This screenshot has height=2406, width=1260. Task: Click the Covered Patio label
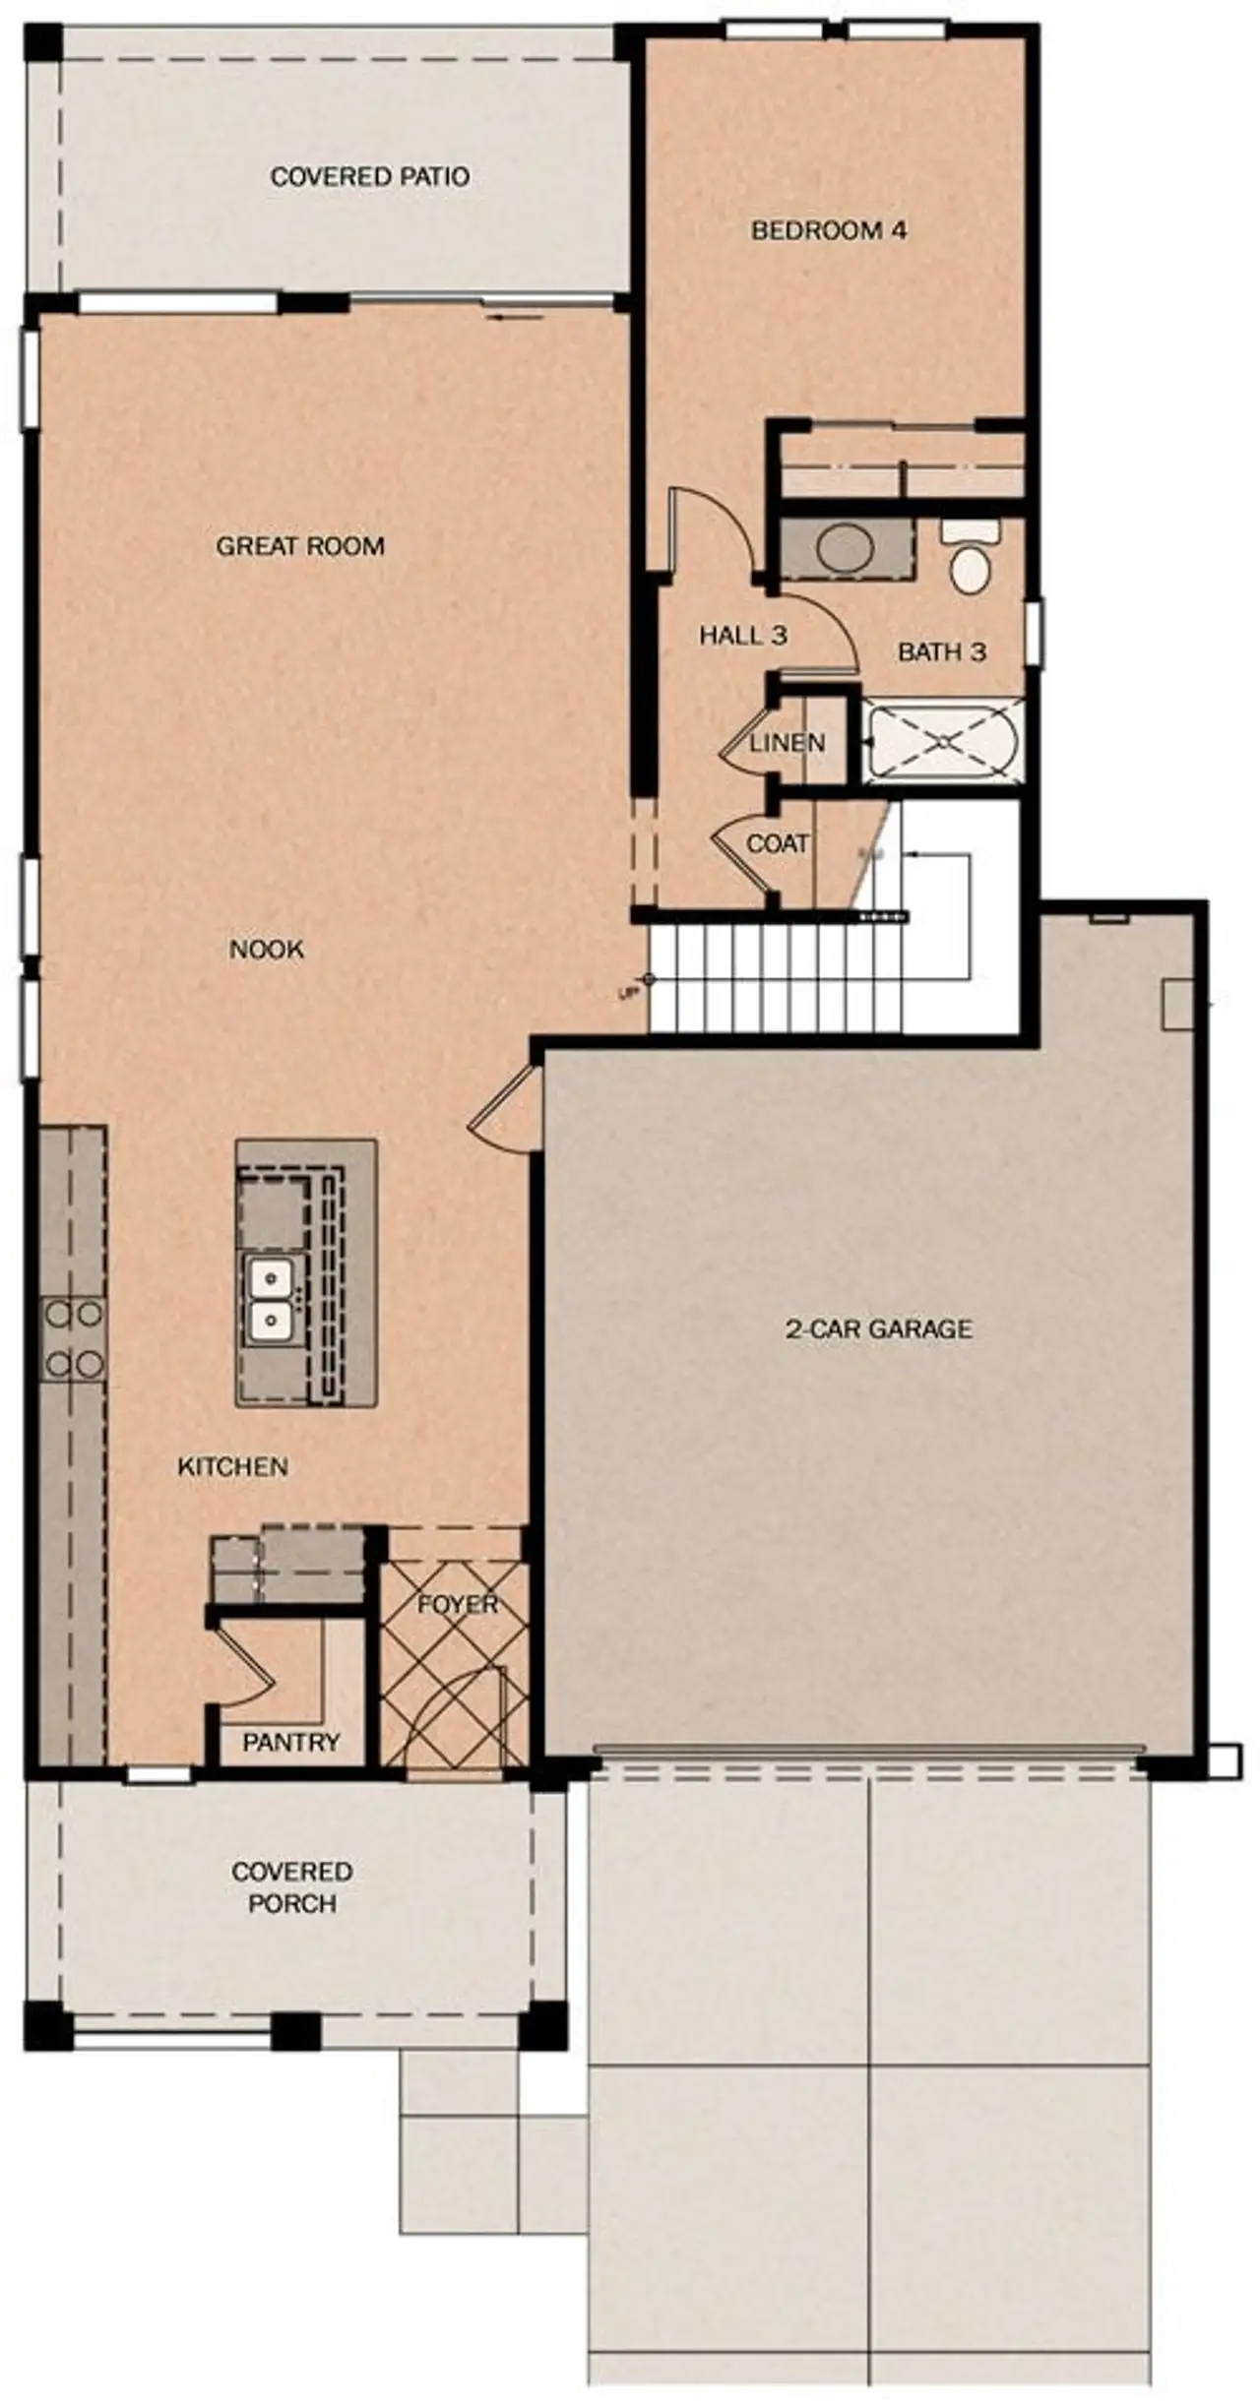tap(369, 177)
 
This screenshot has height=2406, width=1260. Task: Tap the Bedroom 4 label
tap(829, 230)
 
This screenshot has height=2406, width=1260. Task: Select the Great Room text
tap(300, 546)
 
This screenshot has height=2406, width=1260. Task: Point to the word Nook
tap(267, 950)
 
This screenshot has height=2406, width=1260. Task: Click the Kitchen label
tap(233, 1467)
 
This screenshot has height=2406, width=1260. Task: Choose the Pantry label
tap(291, 1743)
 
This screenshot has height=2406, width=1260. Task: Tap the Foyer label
tap(458, 1605)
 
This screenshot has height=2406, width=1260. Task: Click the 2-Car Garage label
tap(879, 1329)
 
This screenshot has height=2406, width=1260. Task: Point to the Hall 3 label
tap(743, 636)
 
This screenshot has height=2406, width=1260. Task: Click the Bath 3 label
tap(942, 651)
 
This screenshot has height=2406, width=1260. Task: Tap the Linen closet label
tap(787, 743)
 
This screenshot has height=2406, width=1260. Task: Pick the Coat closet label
tap(778, 843)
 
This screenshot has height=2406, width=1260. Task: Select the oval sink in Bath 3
tap(846, 549)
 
